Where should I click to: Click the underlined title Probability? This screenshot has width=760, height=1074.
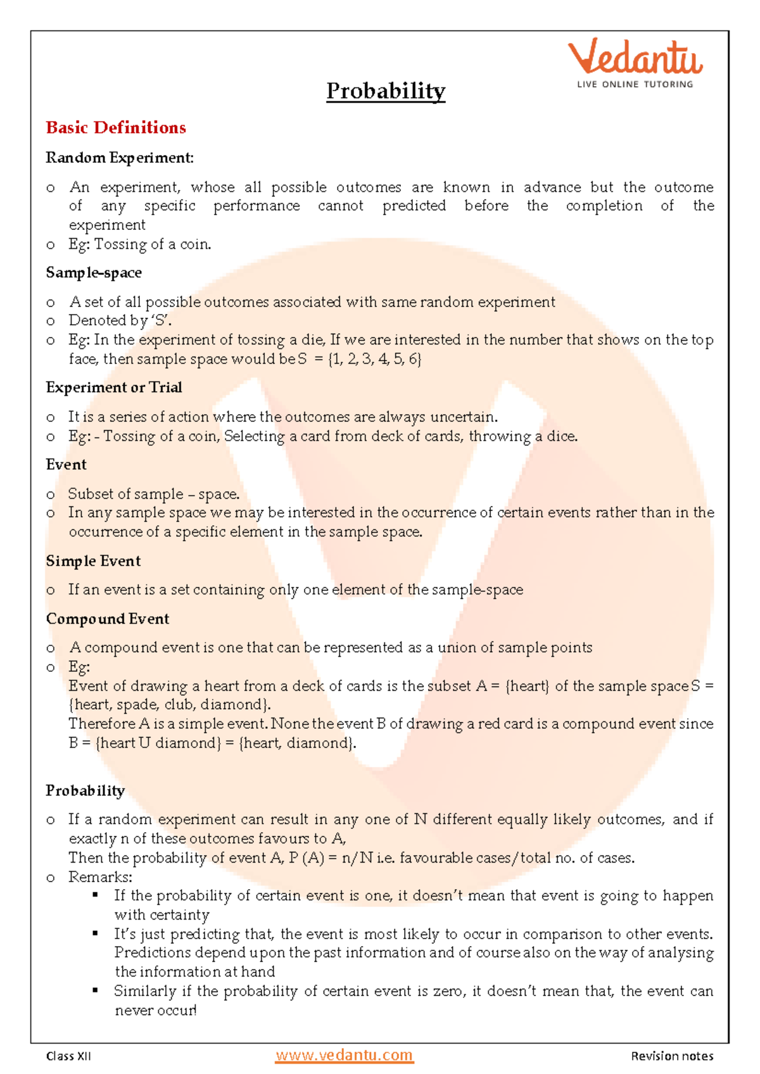tap(386, 91)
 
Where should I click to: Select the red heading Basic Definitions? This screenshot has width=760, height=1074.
tap(116, 128)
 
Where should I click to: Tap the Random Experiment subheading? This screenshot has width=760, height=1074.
tap(120, 158)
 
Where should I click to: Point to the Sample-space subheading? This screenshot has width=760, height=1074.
tap(94, 273)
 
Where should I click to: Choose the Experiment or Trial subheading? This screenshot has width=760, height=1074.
tap(114, 388)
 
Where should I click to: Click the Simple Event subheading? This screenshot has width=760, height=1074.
tap(93, 561)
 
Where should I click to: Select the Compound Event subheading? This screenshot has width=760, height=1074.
tap(108, 619)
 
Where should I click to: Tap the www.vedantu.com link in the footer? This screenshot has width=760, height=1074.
tap(344, 1056)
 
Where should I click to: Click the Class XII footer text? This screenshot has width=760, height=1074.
tap(68, 1056)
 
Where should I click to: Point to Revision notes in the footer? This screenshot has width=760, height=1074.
tap(672, 1056)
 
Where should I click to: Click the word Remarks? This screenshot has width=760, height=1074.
tap(100, 877)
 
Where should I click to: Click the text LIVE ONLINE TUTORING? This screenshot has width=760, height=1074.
tap(635, 84)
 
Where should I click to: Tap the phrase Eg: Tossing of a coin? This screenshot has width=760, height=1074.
tap(140, 244)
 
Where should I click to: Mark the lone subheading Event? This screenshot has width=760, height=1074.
tap(66, 465)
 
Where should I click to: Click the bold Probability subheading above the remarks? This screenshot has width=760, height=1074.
tap(85, 791)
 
